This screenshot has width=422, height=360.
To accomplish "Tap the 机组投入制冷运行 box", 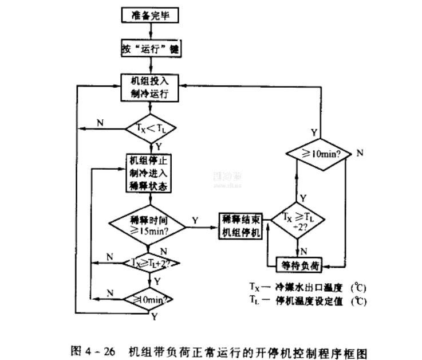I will click(151, 87).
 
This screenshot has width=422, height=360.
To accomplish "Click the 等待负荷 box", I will click(297, 264).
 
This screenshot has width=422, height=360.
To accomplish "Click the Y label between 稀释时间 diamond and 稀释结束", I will click(196, 220).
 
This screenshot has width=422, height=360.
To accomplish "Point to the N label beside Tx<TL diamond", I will click(100, 123).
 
